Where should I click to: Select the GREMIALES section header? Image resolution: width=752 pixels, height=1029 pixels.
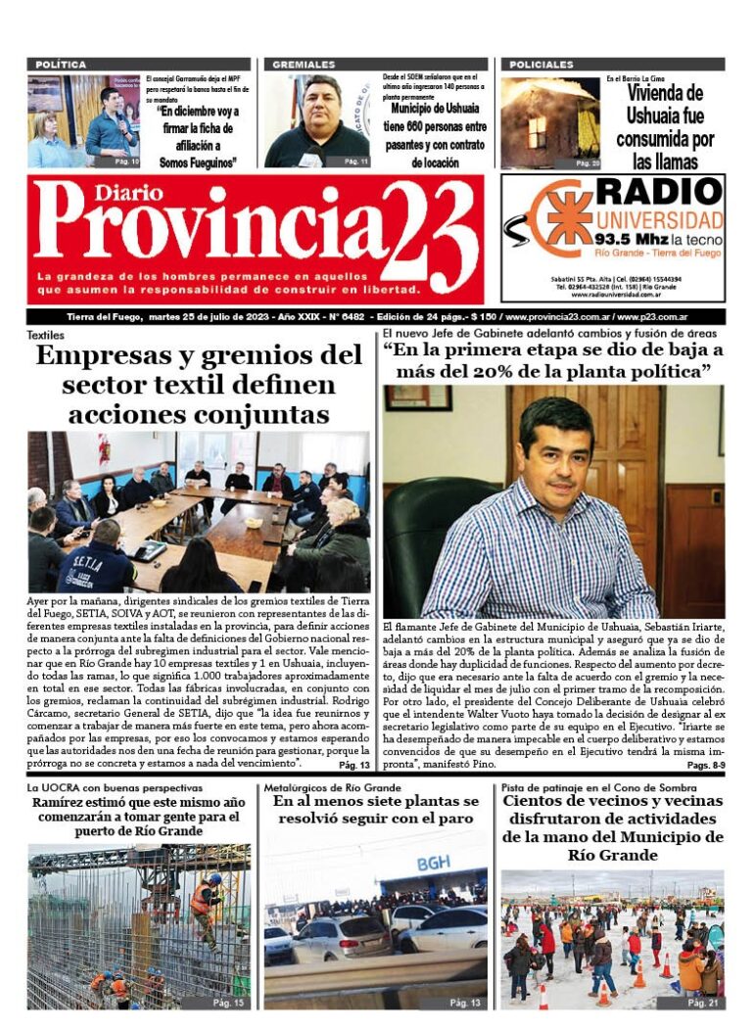point(304,65)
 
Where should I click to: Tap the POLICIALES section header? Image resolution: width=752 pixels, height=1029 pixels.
point(541,65)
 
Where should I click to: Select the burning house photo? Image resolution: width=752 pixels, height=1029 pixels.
point(549,122)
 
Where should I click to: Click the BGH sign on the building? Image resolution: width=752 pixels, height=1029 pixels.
point(434,863)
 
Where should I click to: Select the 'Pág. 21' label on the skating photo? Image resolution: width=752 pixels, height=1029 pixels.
point(703,1003)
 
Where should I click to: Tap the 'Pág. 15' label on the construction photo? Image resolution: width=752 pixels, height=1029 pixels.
point(227,1003)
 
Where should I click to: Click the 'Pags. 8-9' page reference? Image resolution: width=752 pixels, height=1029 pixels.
point(704,766)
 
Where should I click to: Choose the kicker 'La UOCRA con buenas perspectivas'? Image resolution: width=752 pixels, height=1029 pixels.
point(115,787)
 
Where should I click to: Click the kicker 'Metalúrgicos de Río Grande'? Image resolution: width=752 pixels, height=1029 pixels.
point(333,787)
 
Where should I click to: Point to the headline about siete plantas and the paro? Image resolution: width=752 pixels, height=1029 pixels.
point(376,810)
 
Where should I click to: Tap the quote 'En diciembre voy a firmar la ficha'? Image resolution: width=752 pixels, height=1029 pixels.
point(198,137)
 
